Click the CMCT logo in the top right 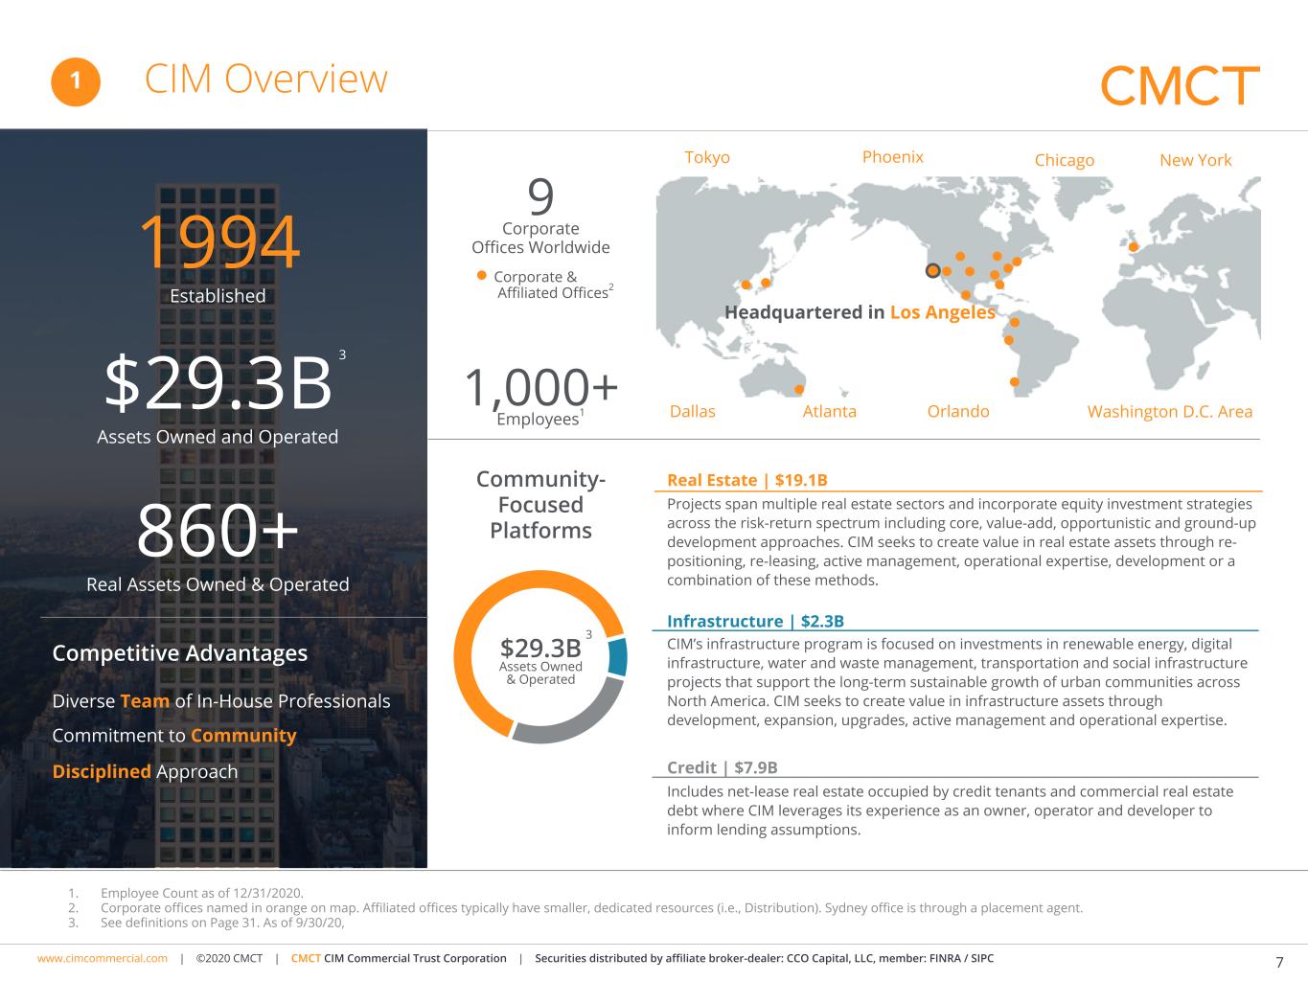(x=1179, y=86)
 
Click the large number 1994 (x=218, y=242)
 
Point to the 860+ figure (x=218, y=531)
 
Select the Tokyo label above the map (x=707, y=157)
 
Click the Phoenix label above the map (x=892, y=156)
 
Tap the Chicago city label (x=1064, y=160)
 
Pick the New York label (x=1195, y=160)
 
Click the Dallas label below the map (x=692, y=411)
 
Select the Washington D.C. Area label (x=1169, y=411)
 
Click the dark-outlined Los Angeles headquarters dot (x=932, y=271)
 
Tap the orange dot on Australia (x=799, y=389)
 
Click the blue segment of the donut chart (x=618, y=657)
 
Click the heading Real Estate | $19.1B (x=746, y=480)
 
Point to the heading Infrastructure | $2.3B (x=755, y=621)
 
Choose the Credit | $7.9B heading (x=722, y=767)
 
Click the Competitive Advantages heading (x=180, y=653)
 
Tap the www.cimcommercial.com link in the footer (x=102, y=958)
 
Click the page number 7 (x=1279, y=962)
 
